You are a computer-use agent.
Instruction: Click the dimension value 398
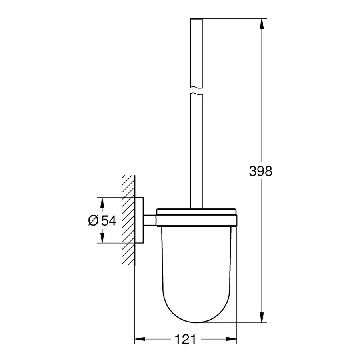[260, 172]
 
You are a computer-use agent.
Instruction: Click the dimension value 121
[186, 340]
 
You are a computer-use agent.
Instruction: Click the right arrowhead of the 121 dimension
[233, 340]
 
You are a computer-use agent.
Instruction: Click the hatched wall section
[128, 220]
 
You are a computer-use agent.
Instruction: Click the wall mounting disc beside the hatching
[140, 220]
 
